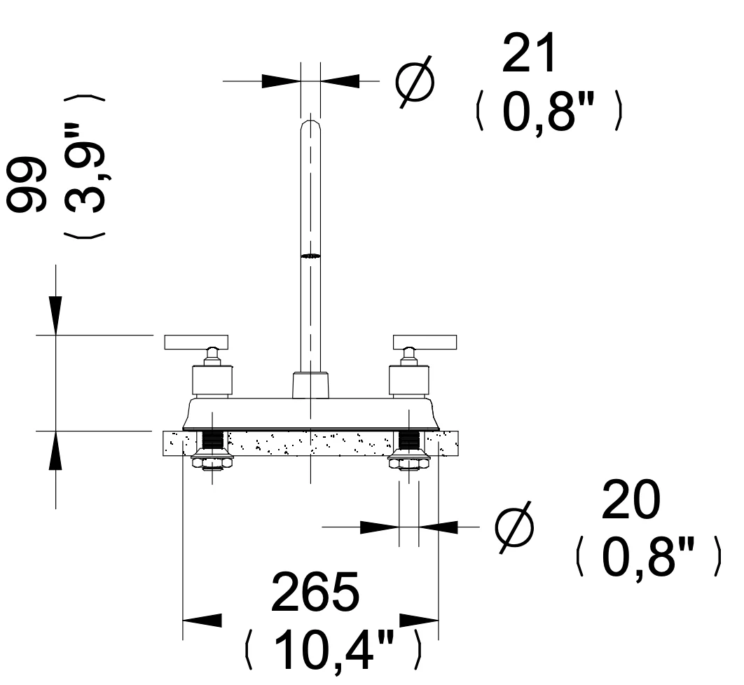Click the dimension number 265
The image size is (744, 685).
click(315, 591)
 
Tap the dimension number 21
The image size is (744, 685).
click(529, 53)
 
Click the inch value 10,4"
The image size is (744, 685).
click(333, 649)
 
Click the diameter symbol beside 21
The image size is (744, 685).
click(415, 81)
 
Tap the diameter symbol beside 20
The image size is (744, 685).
click(514, 527)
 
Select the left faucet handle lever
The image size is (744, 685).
click(196, 342)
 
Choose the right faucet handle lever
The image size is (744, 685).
click(425, 342)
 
